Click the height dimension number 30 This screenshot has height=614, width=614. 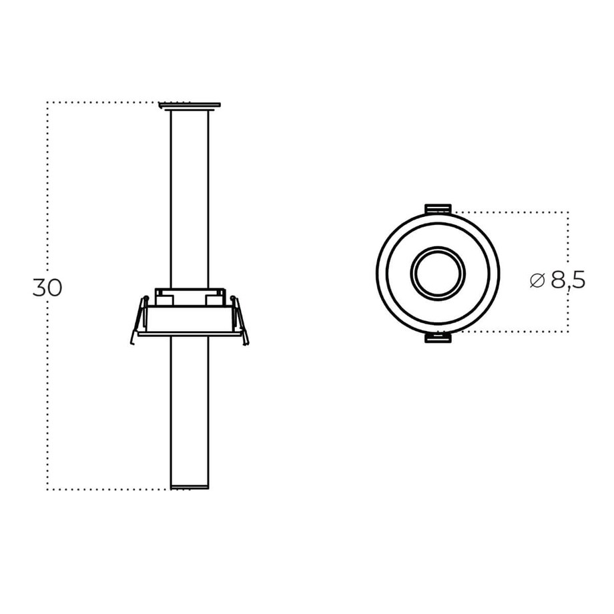(47, 288)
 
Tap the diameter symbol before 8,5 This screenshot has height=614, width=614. (538, 280)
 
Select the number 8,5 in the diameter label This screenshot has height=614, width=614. (568, 280)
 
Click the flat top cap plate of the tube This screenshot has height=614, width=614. (190, 105)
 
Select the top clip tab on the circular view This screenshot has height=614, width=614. (438, 209)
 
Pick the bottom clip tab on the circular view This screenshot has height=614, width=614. (438, 338)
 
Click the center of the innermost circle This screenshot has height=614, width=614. (438, 274)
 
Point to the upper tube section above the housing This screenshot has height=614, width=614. (190, 200)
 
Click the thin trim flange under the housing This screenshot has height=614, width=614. (190, 334)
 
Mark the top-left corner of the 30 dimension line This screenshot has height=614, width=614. (47, 103)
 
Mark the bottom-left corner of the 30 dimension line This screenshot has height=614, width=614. (47, 489)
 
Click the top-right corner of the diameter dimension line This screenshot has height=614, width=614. (568, 212)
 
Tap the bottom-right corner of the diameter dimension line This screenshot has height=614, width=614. (568, 332)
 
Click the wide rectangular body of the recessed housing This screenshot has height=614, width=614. (190, 319)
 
